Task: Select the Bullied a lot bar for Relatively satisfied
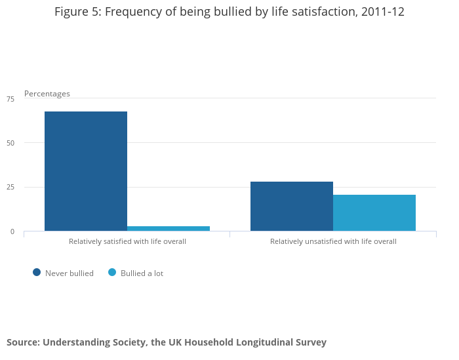pos(169,228)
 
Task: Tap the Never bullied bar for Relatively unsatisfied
pos(292,206)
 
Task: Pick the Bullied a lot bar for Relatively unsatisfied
pos(374,212)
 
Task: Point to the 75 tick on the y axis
pos(10,99)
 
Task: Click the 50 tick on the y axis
pos(10,143)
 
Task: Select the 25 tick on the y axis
pos(10,188)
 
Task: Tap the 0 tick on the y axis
pos(12,231)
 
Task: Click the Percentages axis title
pos(47,94)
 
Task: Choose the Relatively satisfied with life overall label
pos(127,241)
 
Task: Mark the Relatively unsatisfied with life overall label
pos(333,241)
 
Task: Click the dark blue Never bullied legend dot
pos(37,272)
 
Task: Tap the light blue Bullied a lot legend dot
pos(112,272)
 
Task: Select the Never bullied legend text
pos(70,273)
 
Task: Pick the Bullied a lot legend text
pos(142,273)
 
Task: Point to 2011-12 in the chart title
pos(383,12)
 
